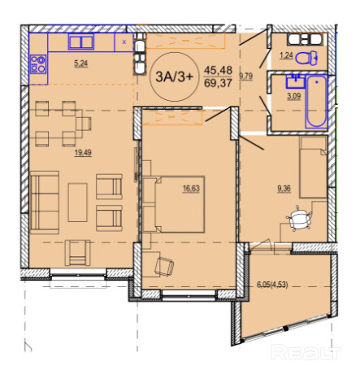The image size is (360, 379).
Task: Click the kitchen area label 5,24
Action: tap(81, 63)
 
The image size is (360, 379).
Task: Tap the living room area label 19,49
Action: tap(83, 153)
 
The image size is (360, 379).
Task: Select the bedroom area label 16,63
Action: tap(191, 189)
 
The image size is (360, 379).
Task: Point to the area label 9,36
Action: tap(284, 189)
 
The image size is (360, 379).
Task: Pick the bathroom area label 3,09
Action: tap(294, 96)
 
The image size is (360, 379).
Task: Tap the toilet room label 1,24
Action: tap(286, 55)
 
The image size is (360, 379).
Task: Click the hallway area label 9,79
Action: tap(246, 76)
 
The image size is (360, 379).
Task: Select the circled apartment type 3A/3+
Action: tap(175, 76)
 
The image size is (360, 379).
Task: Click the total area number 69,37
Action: tap(218, 83)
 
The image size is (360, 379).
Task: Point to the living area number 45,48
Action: tap(218, 71)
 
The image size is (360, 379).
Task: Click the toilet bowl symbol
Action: tap(307, 58)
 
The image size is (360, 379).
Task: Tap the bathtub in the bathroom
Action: tap(316, 102)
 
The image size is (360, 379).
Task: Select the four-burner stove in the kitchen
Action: tap(38, 64)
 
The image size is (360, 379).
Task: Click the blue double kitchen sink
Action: tap(81, 41)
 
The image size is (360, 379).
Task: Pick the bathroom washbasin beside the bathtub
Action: tap(296, 81)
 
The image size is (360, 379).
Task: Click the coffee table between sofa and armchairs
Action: tap(78, 203)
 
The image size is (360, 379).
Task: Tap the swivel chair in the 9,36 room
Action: tap(299, 219)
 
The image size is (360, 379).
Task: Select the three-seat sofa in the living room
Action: tap(45, 203)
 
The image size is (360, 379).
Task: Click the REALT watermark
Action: tap(306, 352)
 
